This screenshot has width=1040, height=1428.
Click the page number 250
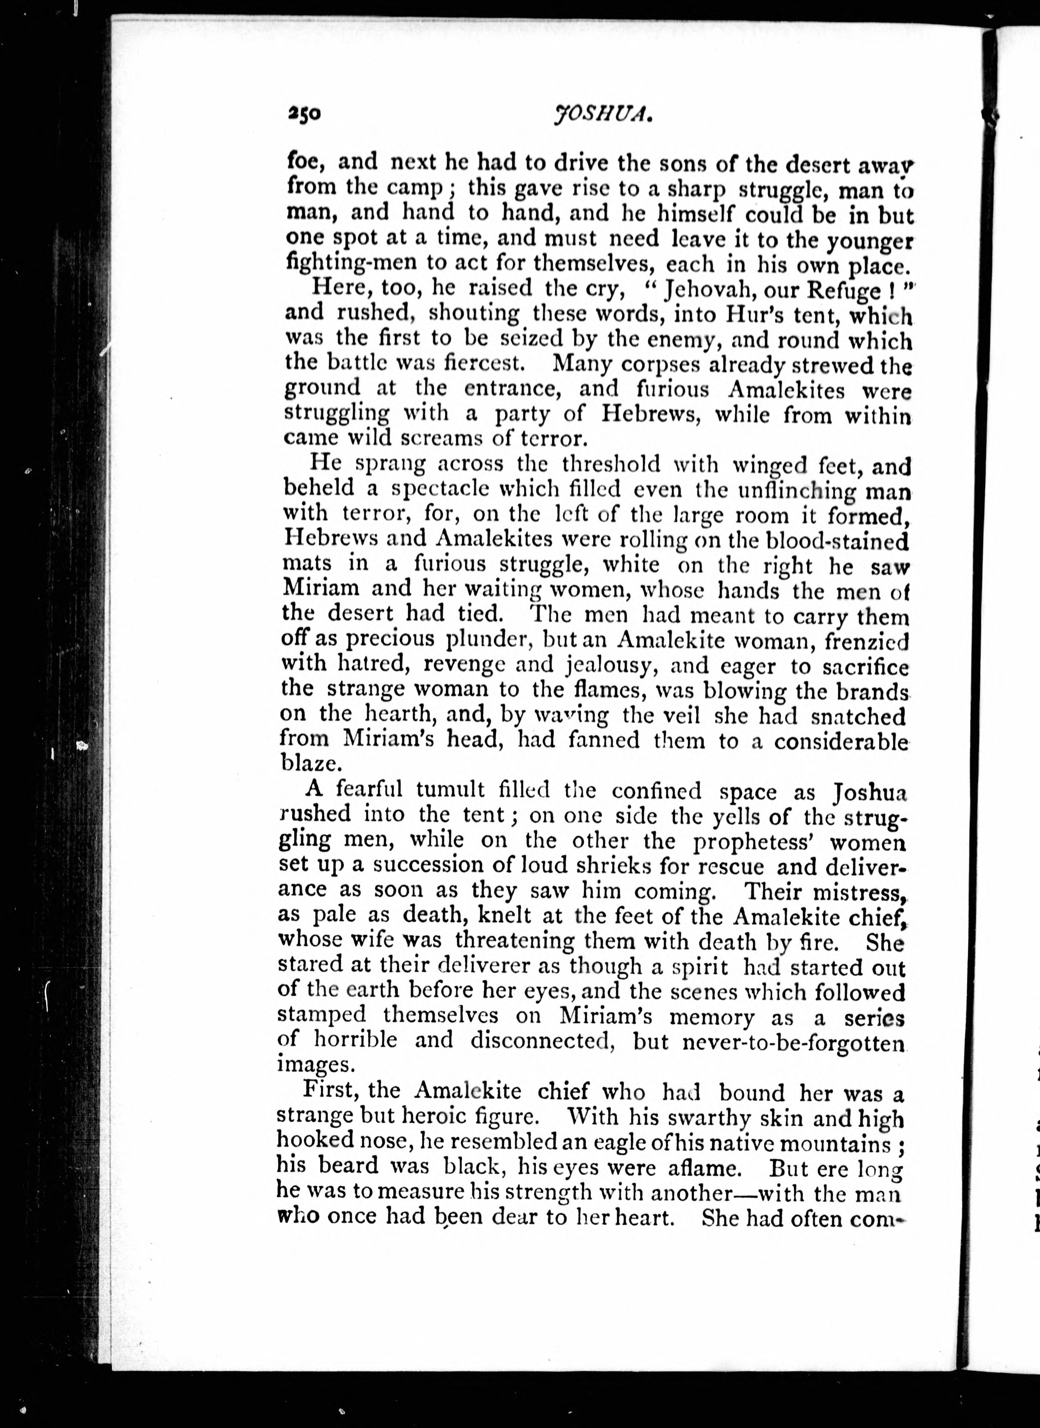pos(304,113)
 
